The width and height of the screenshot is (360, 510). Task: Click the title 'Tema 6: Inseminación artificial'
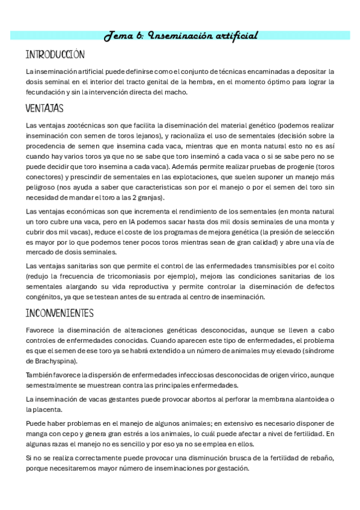point(181,35)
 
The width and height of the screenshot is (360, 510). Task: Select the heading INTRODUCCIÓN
point(55,55)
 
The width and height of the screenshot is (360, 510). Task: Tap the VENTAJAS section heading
point(44,109)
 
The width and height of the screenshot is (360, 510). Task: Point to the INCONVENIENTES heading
point(59,313)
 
